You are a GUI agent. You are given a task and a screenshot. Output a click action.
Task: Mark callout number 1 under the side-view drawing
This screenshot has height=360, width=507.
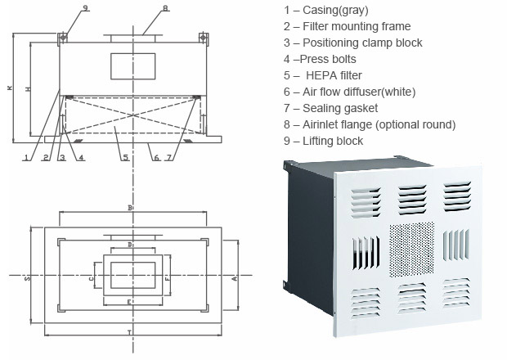(27, 157)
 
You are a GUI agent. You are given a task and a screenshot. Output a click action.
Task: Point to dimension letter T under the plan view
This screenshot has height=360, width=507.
(129, 331)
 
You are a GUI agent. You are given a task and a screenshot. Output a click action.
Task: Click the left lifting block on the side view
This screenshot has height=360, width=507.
(61, 37)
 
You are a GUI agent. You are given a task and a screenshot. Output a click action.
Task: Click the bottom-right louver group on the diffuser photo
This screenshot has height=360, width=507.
(456, 292)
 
